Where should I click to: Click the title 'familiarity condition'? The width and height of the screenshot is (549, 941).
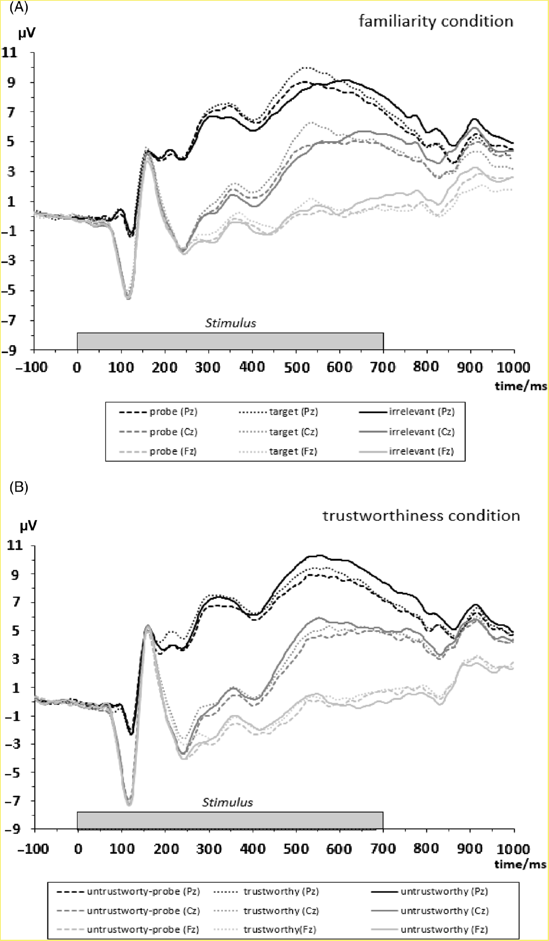coord(436,21)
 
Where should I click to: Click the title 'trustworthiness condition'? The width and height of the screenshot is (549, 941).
coord(421,516)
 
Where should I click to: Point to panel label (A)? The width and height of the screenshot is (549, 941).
coord(19,8)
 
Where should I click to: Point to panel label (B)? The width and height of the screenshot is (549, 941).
coord(19,487)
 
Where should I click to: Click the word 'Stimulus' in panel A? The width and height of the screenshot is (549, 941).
coord(231,323)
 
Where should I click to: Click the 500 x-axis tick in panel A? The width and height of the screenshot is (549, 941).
coord(296,367)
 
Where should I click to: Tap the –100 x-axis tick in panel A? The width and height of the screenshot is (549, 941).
coord(32,367)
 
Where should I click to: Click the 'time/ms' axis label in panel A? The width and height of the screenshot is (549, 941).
coord(520,386)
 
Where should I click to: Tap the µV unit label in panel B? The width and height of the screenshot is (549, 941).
coord(28,526)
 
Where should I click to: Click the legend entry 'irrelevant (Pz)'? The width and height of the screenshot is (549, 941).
coord(421,412)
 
